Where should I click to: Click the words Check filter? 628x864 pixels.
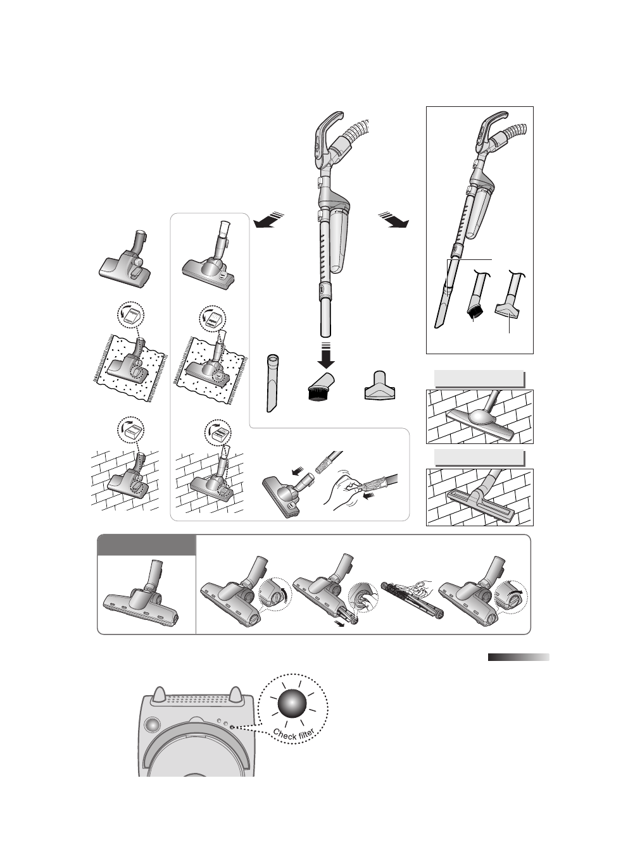click(x=294, y=734)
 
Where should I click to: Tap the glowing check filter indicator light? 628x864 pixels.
click(x=292, y=703)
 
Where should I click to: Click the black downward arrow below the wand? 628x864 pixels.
click(x=327, y=355)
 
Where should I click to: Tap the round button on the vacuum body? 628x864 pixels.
click(x=152, y=724)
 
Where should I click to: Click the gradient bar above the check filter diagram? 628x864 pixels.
click(x=518, y=657)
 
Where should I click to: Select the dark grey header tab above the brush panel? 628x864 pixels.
click(x=146, y=545)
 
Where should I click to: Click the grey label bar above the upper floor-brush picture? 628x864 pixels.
click(x=479, y=379)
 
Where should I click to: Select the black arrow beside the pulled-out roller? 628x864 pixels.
click(x=340, y=624)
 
